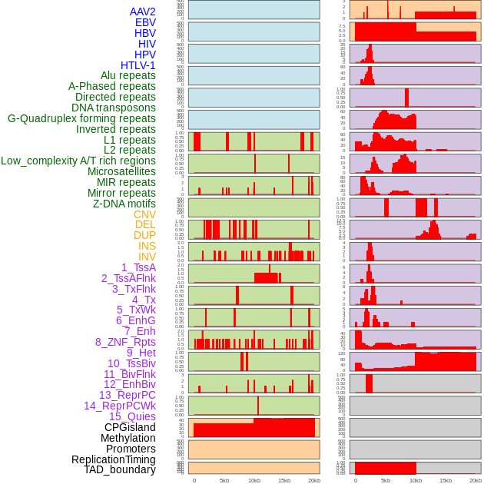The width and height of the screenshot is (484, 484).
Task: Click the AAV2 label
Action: (142, 12)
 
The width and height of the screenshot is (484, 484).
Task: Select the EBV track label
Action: (145, 22)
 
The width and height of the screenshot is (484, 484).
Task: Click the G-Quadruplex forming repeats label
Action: (81, 118)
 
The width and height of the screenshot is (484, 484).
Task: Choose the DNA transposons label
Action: (114, 108)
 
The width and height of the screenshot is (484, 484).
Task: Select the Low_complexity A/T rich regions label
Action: (78, 161)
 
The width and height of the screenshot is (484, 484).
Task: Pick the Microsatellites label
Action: (121, 171)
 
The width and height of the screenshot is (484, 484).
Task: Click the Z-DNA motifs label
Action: (124, 204)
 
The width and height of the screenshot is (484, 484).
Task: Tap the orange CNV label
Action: (144, 214)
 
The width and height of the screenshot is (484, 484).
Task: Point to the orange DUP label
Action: (144, 235)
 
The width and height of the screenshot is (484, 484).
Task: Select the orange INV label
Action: (147, 257)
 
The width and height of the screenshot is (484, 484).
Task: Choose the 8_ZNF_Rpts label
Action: (125, 342)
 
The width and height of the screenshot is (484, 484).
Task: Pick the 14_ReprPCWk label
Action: (120, 406)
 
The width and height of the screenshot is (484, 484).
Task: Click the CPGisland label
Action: (130, 427)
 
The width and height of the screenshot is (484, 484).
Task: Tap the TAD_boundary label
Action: (120, 469)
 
